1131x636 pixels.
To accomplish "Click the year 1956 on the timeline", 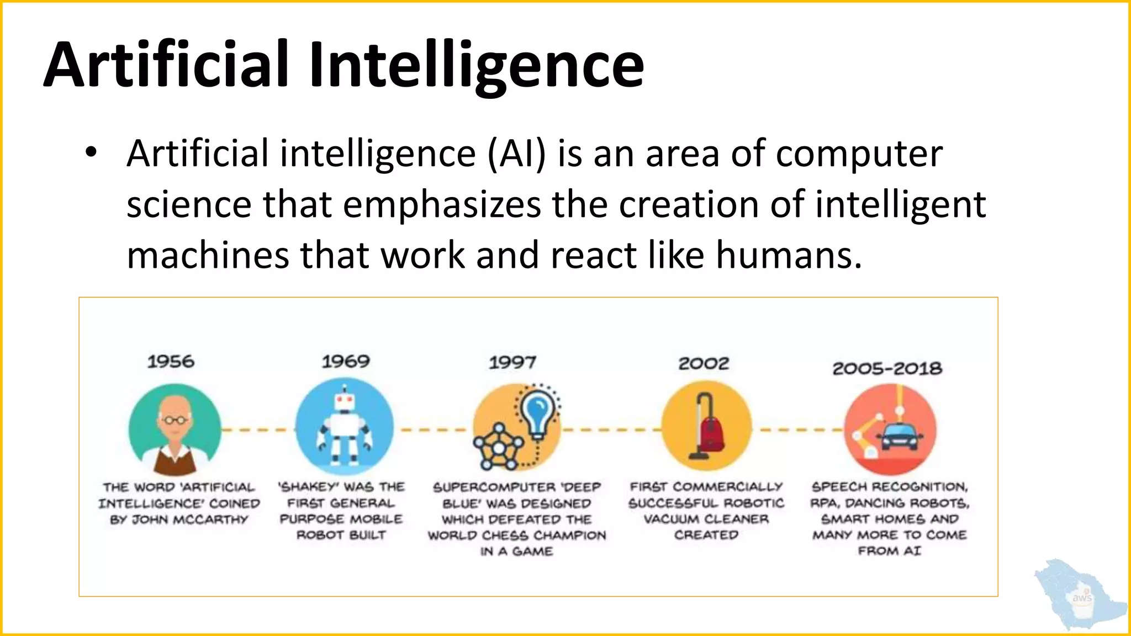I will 171,362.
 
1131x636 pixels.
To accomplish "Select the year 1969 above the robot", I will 346,362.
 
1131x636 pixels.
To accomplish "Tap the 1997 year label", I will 512,363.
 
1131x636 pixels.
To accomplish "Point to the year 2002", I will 704,363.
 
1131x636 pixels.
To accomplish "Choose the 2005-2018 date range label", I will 887,368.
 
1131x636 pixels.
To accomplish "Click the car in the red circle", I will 900,437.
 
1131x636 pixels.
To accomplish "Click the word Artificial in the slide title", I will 166,65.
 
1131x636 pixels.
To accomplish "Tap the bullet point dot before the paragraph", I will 91,153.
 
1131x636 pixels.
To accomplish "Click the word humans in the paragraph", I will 789,256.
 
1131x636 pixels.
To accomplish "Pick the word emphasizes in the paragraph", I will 441,205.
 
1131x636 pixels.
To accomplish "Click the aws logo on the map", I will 1081,598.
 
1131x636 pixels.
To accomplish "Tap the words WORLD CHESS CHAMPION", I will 517,536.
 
